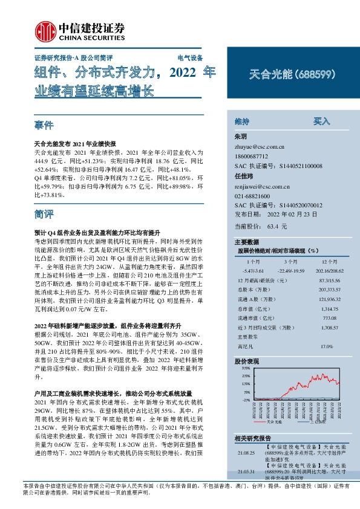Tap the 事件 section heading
(x=44, y=126)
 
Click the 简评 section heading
(x=44, y=214)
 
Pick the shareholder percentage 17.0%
(x=326, y=346)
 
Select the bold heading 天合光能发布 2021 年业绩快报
(x=74, y=145)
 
